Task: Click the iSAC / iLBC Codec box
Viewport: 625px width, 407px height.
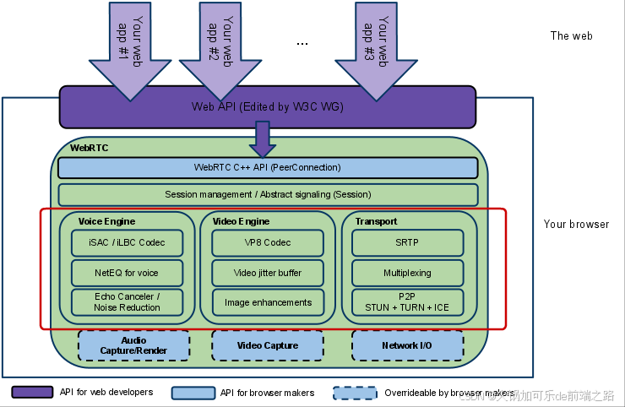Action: tap(127, 243)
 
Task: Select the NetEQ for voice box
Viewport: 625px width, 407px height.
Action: tap(127, 273)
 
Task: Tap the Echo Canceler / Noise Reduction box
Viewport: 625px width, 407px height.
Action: tap(127, 302)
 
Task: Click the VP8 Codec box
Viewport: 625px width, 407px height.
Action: tap(268, 243)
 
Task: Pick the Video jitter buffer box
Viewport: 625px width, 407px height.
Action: tap(268, 273)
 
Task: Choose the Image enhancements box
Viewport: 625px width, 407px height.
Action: tap(268, 302)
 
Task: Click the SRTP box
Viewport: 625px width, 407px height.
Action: tap(407, 243)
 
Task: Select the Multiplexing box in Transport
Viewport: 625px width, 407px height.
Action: tap(407, 273)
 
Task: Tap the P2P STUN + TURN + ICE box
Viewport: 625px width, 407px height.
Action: tap(407, 302)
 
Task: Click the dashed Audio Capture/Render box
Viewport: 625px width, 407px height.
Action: tap(133, 345)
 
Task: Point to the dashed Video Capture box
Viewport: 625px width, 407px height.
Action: tap(268, 345)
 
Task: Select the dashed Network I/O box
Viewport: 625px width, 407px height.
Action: tap(407, 345)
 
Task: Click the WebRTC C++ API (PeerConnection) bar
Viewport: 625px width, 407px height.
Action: tap(268, 167)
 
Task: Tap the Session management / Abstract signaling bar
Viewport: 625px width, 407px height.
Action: tap(268, 194)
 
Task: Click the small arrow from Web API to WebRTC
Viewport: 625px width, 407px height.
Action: tap(262, 139)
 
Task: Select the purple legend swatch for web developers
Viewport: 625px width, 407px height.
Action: tap(32, 393)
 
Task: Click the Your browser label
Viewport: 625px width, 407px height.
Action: tap(576, 225)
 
